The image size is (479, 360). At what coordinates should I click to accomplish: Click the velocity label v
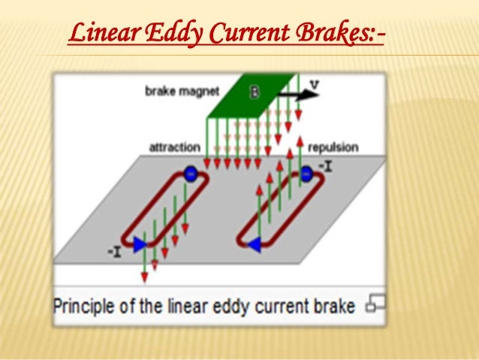[314, 84]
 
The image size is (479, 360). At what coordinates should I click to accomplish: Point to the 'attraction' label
[173, 147]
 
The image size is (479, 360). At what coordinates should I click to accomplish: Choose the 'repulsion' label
[332, 147]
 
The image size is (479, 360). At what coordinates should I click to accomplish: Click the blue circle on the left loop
[190, 174]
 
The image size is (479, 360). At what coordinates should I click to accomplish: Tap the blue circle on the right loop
[306, 174]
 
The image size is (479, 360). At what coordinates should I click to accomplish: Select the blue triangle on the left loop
[140, 244]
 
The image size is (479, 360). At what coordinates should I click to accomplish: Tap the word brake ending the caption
[335, 306]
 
